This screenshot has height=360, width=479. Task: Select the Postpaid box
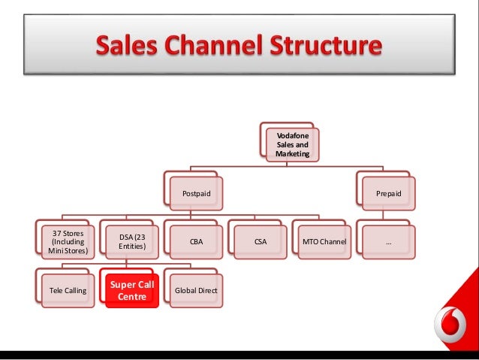tap(197, 194)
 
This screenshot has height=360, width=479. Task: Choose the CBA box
tap(196, 242)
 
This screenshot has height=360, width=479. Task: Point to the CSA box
tap(260, 242)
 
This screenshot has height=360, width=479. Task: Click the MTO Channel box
tap(324, 242)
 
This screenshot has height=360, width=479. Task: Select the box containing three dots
tap(388, 242)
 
